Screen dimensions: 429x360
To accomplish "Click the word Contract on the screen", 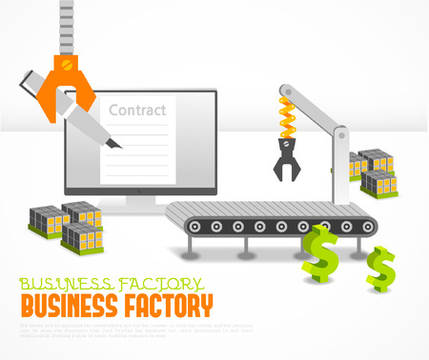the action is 137,110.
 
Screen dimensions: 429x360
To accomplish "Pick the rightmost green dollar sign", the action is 381,269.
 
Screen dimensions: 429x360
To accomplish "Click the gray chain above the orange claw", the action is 67,24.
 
